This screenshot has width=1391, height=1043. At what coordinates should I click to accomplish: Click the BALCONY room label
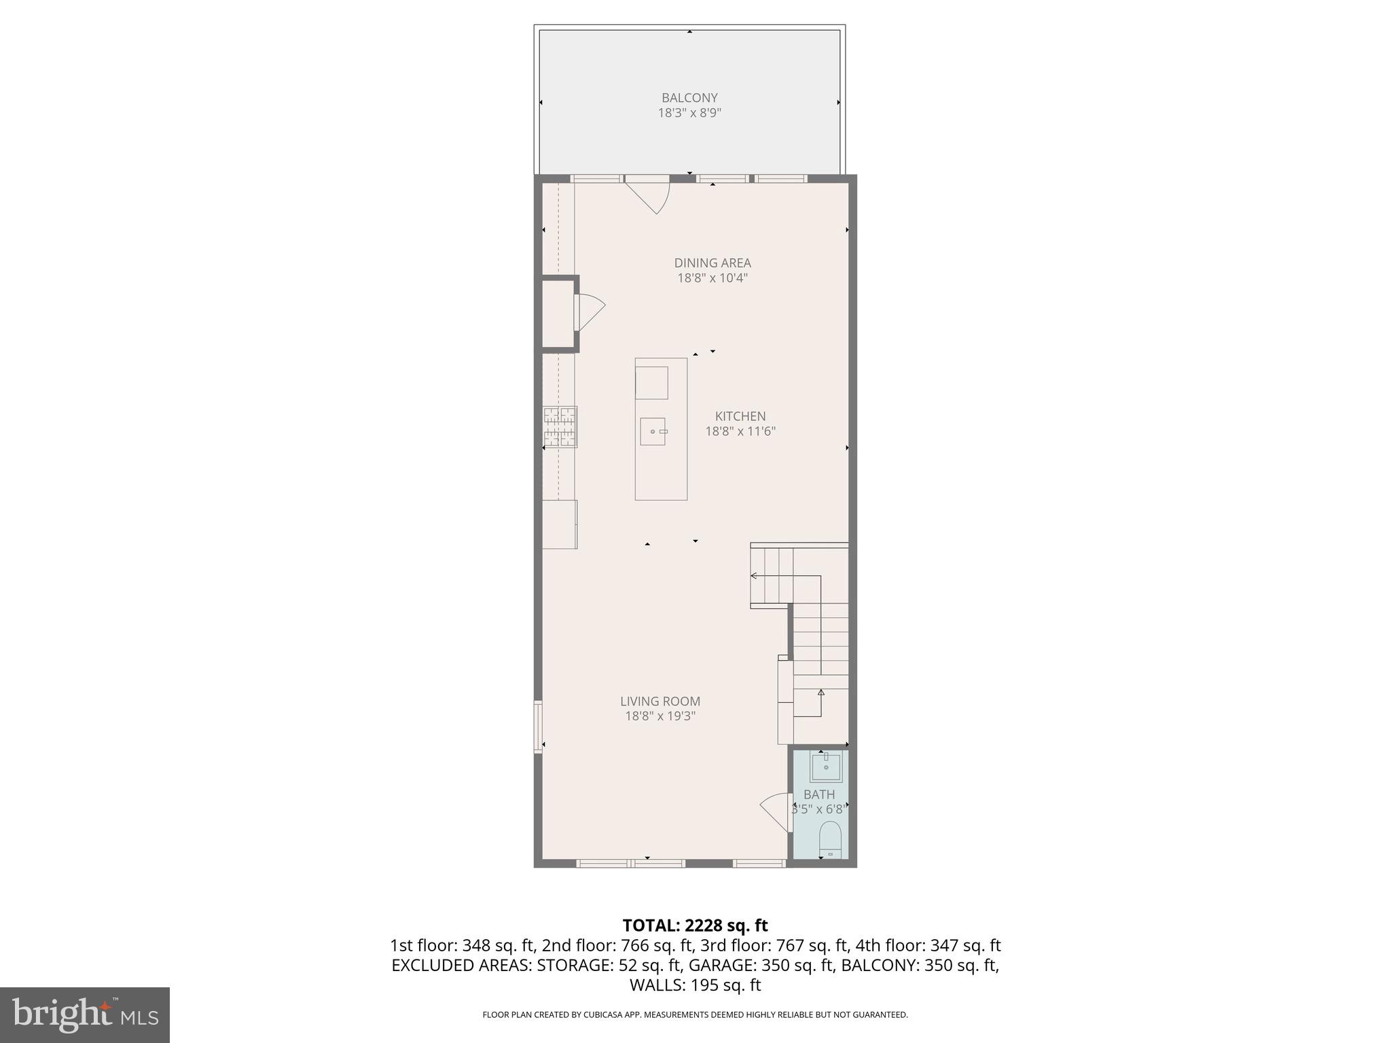pyautogui.click(x=689, y=98)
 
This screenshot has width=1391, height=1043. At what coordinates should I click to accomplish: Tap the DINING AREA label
pyautogui.click(x=712, y=263)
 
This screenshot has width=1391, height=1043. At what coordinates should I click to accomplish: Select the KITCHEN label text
pyautogui.click(x=740, y=416)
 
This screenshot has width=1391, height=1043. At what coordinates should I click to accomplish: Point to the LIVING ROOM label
pyautogui.click(x=660, y=701)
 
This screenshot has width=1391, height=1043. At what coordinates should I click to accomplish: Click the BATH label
pyautogui.click(x=819, y=794)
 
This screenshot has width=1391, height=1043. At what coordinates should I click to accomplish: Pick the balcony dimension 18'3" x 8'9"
pyautogui.click(x=689, y=113)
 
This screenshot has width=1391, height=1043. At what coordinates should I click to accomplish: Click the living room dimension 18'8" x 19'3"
pyautogui.click(x=660, y=716)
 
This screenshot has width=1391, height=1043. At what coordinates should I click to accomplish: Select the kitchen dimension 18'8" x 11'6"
pyautogui.click(x=740, y=431)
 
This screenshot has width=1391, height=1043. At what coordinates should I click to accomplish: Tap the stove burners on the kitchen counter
pyautogui.click(x=560, y=427)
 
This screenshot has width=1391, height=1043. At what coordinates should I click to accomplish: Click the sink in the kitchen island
pyautogui.click(x=653, y=431)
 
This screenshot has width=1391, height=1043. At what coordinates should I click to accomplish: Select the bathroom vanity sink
pyautogui.click(x=825, y=768)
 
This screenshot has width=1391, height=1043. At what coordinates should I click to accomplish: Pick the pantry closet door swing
pyautogui.click(x=590, y=312)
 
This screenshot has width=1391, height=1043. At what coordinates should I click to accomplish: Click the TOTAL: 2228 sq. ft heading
pyautogui.click(x=695, y=926)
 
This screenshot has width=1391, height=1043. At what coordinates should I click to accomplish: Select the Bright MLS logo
pyautogui.click(x=85, y=1014)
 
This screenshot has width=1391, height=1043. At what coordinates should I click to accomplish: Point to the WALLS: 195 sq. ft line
pyautogui.click(x=695, y=985)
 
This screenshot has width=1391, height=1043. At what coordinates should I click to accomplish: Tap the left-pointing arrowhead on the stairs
pyautogui.click(x=754, y=576)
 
